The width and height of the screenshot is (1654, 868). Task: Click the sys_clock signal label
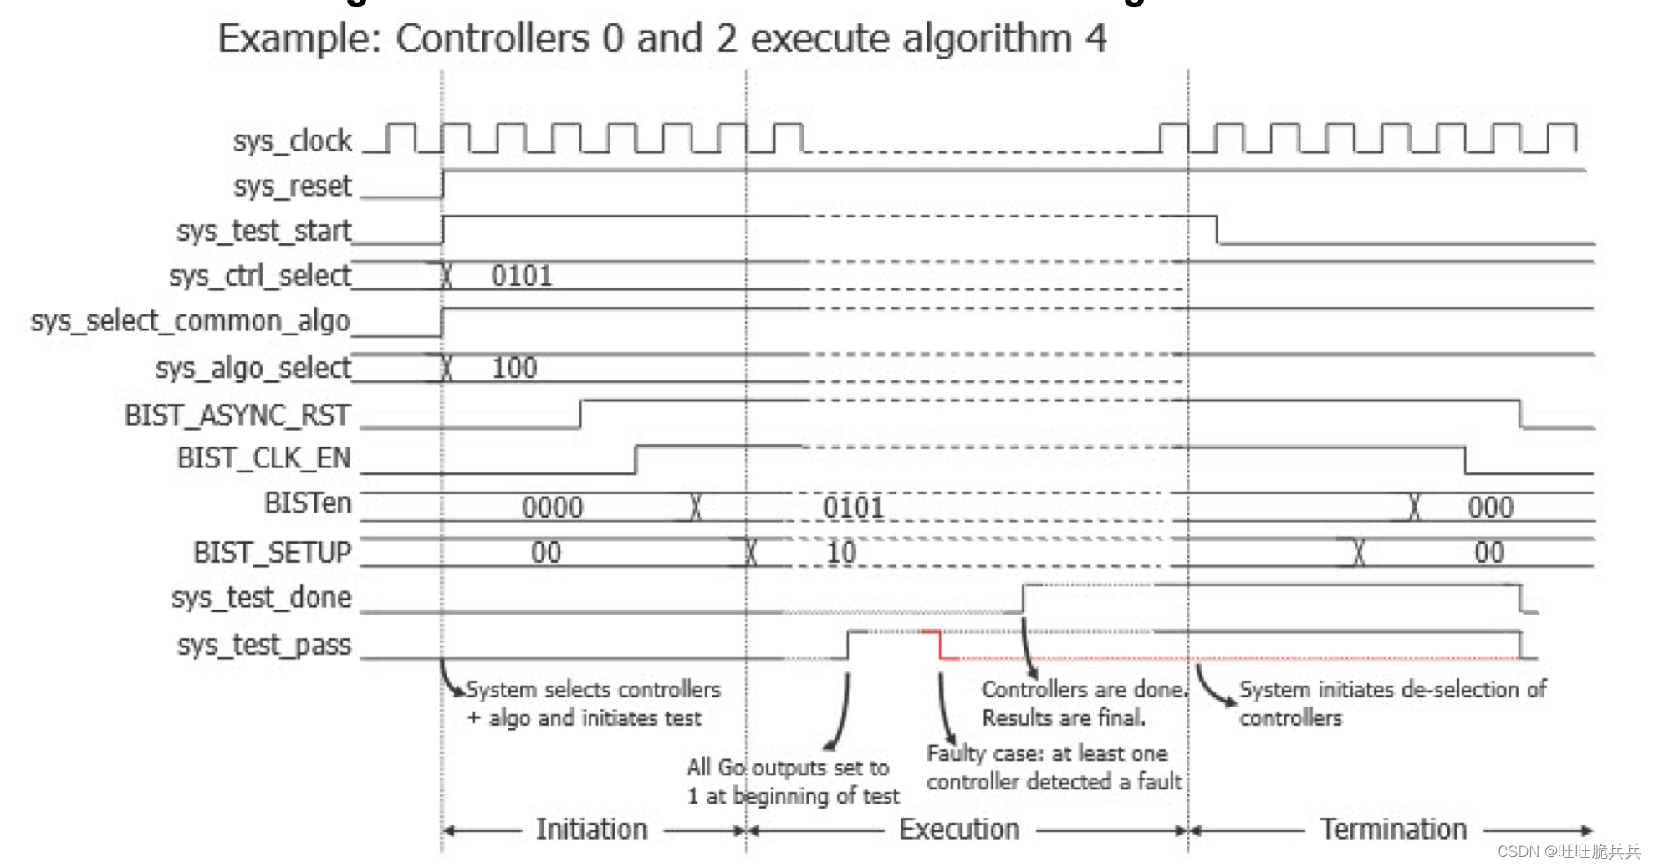292,140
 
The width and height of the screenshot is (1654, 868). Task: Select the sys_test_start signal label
263,231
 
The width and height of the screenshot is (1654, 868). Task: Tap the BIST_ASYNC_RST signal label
237,415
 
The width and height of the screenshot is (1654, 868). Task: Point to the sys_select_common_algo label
190,321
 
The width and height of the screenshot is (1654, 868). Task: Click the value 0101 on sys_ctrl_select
522,276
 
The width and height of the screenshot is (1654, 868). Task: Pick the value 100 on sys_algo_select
513,368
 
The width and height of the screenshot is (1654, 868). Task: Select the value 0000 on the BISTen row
552,508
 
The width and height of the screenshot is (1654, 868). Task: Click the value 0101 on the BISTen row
853,508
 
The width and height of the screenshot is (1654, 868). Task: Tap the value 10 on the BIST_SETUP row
840,553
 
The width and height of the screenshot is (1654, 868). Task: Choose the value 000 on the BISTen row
1490,508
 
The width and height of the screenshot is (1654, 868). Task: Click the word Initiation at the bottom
591,830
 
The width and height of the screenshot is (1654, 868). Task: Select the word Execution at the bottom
959,830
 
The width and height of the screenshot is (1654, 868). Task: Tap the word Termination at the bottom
1393,830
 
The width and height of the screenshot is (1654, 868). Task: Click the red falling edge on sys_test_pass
940,645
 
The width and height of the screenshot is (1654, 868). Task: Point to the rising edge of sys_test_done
1023,599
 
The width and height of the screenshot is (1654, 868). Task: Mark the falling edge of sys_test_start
1217,230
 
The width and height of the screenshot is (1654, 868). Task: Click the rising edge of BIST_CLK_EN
636,459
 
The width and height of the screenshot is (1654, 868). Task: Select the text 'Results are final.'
1063,718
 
